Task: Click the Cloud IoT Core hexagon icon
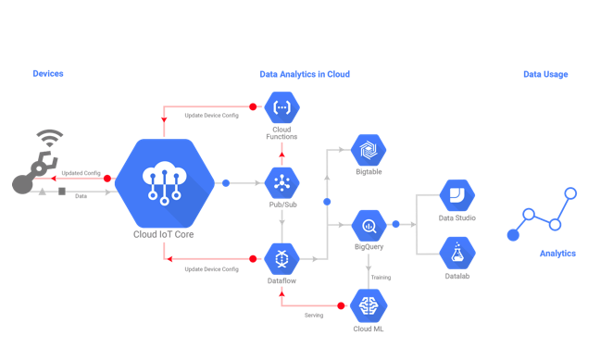164,183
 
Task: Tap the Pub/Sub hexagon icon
281,181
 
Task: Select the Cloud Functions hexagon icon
281,108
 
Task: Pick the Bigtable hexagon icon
368,150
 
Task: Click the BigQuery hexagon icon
368,225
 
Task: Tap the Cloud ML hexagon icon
368,304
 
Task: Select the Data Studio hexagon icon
456,196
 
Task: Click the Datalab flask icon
456,253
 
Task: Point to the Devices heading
48,74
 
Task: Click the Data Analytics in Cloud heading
305,74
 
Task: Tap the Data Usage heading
545,74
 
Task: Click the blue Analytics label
557,254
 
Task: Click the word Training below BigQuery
381,277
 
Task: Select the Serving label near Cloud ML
314,315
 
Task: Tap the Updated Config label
81,173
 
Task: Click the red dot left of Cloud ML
341,304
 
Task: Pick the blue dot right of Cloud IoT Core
226,183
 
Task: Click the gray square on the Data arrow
62,192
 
